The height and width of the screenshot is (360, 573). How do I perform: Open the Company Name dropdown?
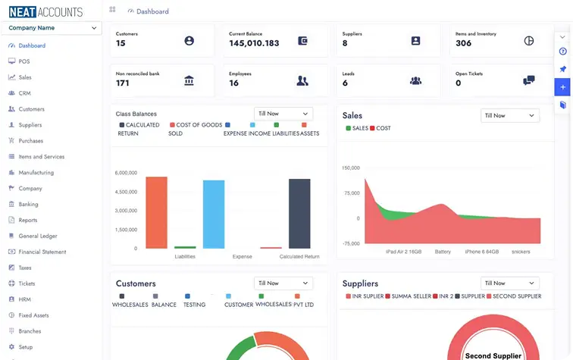52,28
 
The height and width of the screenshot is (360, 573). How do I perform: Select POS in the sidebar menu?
23,61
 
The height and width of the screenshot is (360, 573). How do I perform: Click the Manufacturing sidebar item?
36,173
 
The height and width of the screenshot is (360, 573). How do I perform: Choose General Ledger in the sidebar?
38,236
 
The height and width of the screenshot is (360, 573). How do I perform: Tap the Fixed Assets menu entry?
33,315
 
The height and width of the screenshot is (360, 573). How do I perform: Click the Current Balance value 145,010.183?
254,43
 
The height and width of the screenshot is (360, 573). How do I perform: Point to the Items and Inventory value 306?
463,43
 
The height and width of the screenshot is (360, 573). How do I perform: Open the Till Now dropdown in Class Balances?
283,114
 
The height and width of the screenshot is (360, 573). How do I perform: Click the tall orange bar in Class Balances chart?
156,212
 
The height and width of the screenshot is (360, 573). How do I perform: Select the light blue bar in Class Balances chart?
214,214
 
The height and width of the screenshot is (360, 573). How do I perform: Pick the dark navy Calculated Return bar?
299,214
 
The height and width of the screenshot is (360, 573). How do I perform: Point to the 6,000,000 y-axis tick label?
126,173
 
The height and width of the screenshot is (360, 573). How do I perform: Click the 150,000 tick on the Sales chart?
349,167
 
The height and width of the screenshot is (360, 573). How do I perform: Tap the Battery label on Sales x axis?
443,252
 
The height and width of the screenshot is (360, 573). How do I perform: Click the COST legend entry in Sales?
380,129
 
